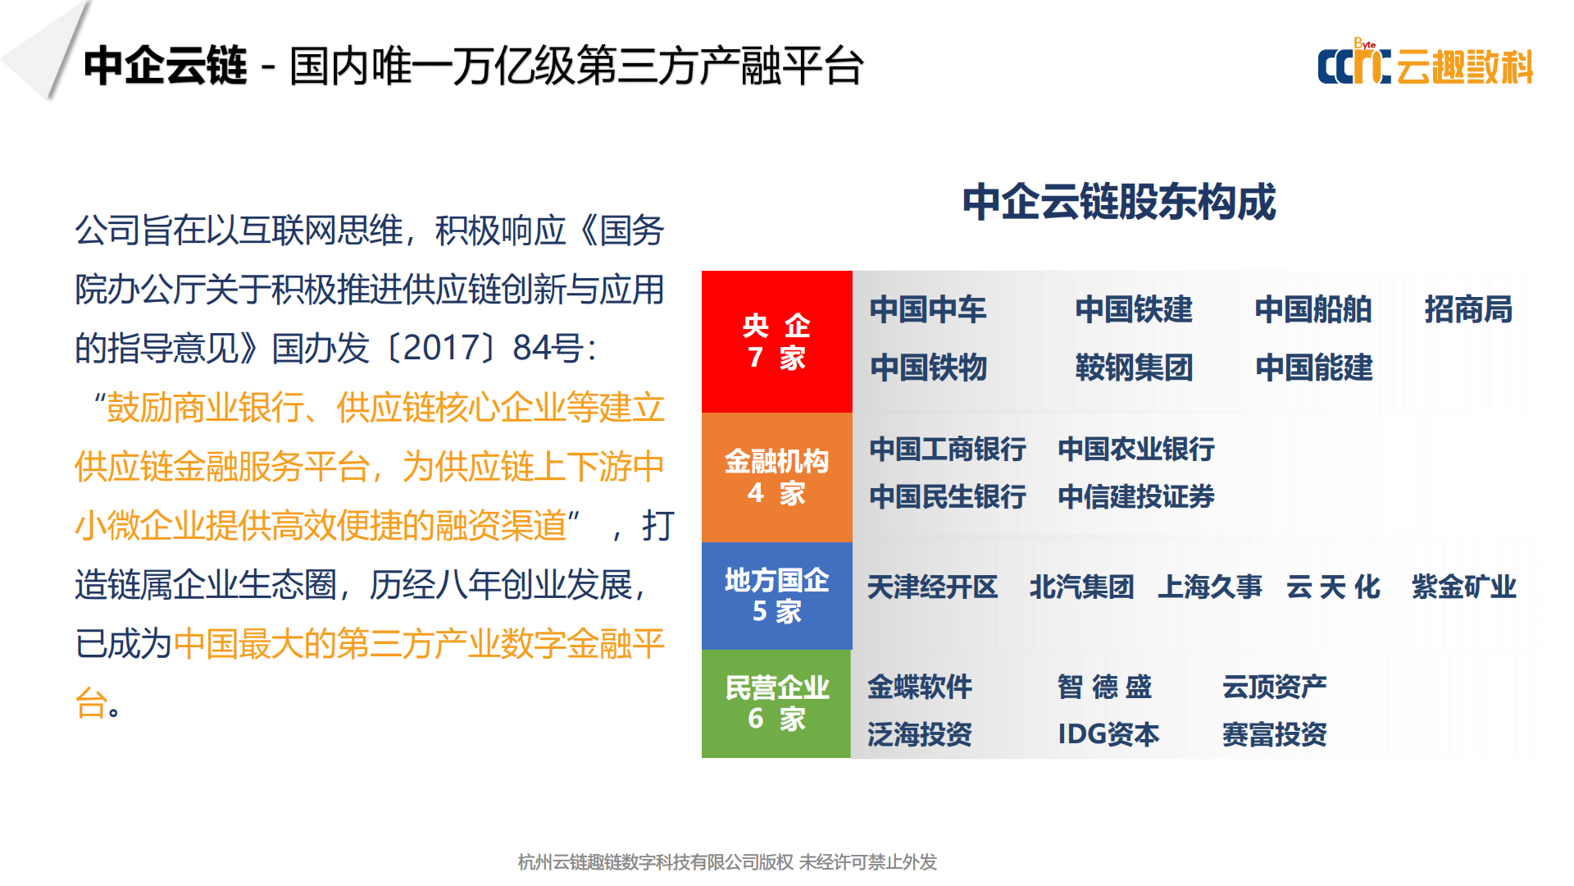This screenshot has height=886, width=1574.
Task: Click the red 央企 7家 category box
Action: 776,341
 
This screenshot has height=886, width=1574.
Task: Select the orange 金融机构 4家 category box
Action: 776,477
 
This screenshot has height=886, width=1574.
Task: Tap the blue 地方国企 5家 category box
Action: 776,596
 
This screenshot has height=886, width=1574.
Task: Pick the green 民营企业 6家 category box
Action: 776,704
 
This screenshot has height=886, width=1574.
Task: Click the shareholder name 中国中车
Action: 928,309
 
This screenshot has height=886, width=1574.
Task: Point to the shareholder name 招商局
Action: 1468,309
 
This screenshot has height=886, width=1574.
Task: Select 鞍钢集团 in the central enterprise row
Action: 1134,367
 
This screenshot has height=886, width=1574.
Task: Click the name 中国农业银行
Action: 1136,449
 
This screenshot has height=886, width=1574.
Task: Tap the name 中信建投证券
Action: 1136,496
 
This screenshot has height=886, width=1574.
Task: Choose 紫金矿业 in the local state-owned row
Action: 1464,587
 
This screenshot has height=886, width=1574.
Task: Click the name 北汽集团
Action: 1082,587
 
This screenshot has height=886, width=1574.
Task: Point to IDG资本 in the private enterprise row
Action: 1108,734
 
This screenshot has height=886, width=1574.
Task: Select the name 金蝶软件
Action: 920,687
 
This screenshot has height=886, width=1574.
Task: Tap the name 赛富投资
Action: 1275,734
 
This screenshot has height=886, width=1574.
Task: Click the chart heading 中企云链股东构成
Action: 1119,202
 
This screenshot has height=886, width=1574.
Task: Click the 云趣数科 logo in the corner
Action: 1425,63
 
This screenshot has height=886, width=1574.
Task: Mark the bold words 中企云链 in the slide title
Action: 165,66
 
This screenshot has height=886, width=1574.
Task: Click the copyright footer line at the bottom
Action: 727,862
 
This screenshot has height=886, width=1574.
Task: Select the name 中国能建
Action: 1314,367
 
